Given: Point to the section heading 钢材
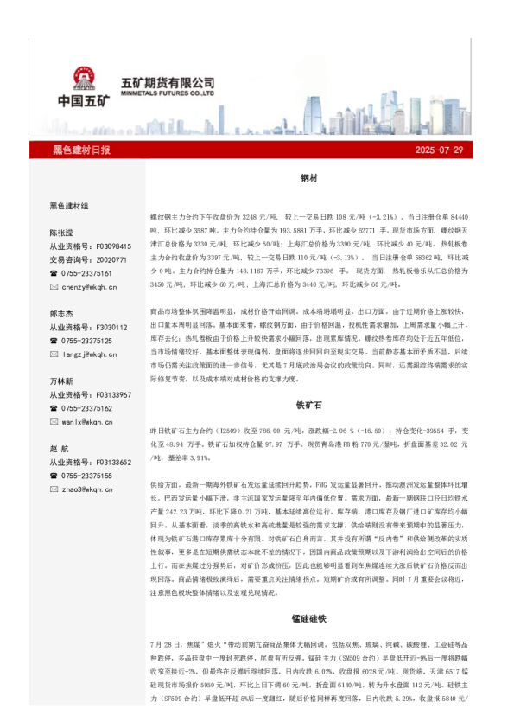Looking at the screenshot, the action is pyautogui.click(x=309, y=177).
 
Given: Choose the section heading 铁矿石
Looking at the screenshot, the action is pyautogui.click(x=309, y=404).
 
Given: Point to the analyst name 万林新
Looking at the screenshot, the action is pyautogui.click(x=61, y=381).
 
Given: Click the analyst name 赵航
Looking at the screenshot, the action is pyautogui.click(x=59, y=449).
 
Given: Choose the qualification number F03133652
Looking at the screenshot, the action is pyautogui.click(x=112, y=463).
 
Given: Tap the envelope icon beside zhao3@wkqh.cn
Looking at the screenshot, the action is pyautogui.click(x=54, y=489).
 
